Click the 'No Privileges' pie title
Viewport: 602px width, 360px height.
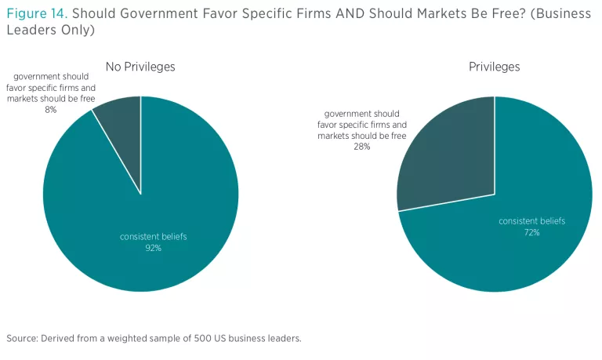[x=140, y=67]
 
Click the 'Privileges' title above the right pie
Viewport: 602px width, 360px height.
[x=494, y=67]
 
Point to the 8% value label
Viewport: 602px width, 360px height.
[x=51, y=110]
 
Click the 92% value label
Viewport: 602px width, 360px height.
[x=153, y=248]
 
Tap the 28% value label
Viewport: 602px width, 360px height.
[x=361, y=147]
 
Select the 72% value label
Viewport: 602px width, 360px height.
[x=531, y=233]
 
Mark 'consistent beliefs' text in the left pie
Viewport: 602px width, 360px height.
[x=153, y=236]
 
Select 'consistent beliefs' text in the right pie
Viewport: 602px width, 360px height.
[x=531, y=221]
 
